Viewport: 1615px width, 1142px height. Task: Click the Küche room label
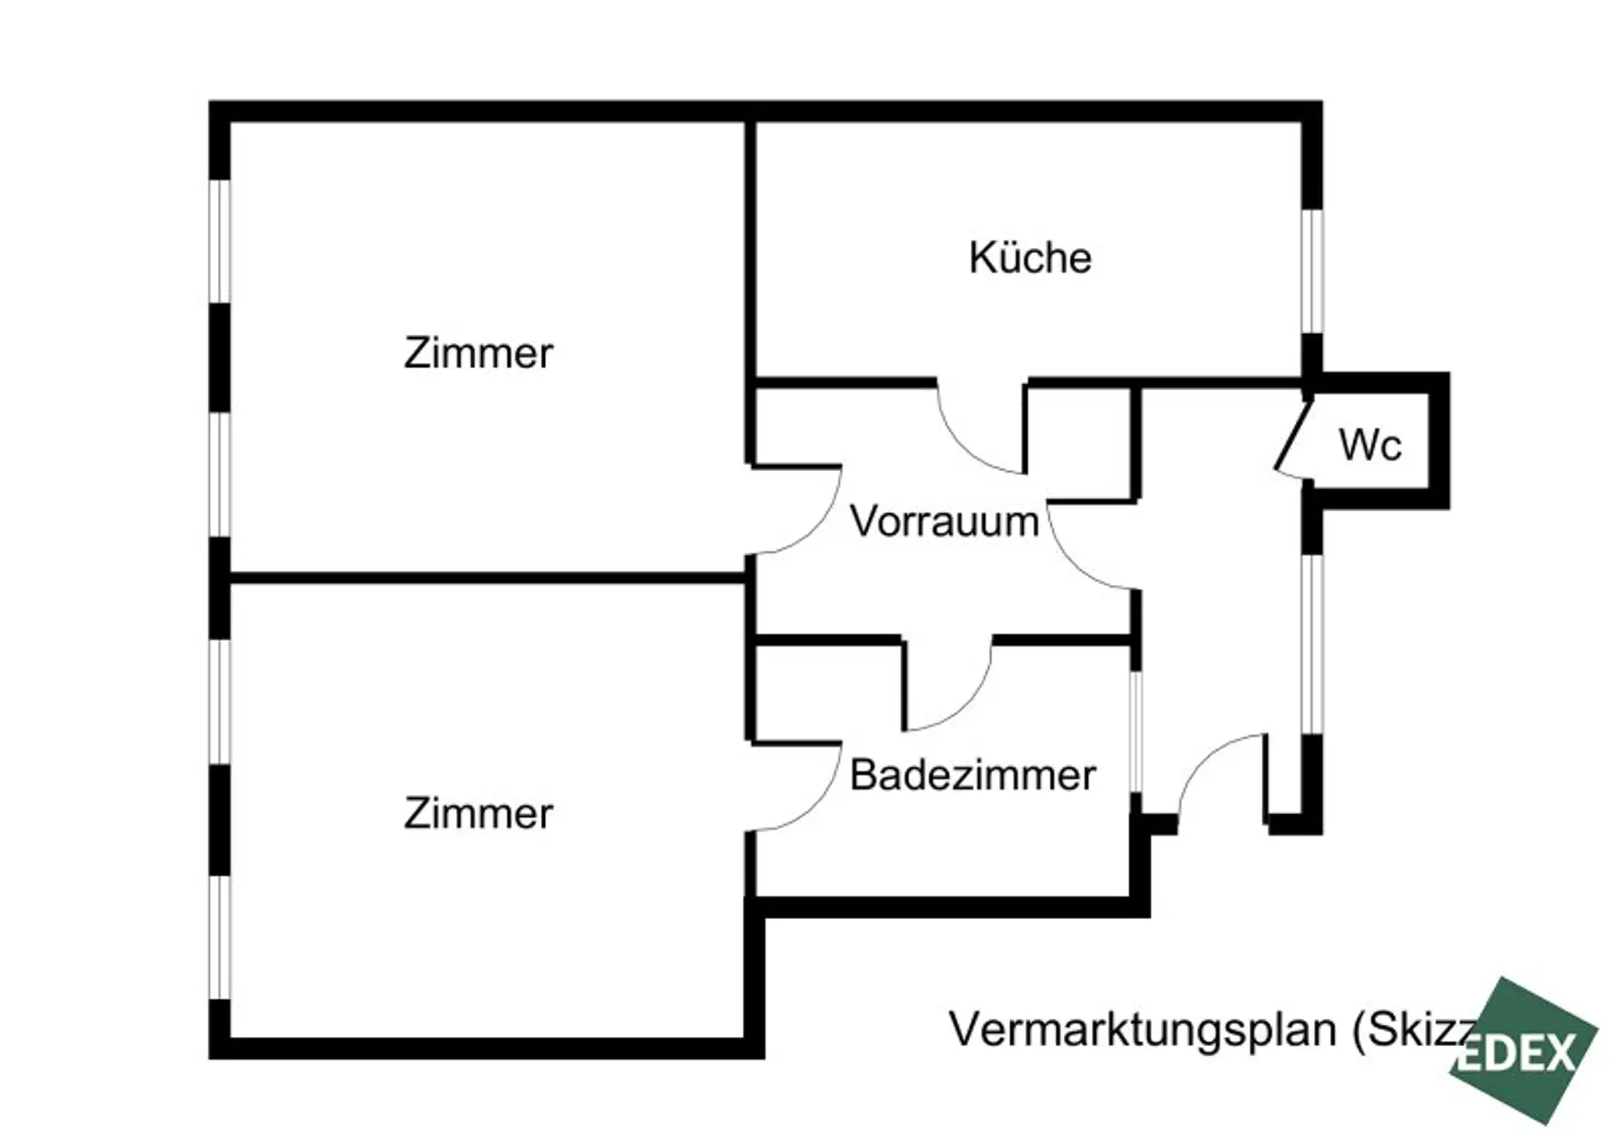point(1030,257)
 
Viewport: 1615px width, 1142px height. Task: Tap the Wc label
point(1369,445)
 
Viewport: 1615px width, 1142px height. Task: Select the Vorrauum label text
point(944,521)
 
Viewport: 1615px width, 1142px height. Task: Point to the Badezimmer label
point(972,775)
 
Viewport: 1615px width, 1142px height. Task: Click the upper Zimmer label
point(478,353)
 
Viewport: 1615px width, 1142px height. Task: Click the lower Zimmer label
point(478,814)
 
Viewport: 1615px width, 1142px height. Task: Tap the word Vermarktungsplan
point(1142,1029)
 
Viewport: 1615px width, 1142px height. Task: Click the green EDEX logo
point(1524,1051)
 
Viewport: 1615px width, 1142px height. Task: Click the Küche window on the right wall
point(1311,271)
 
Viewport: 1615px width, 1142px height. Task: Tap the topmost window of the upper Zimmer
point(219,241)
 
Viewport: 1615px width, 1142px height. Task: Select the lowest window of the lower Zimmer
point(219,937)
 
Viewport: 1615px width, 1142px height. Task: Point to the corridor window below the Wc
point(1311,643)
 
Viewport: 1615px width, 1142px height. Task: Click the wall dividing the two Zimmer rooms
point(488,578)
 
